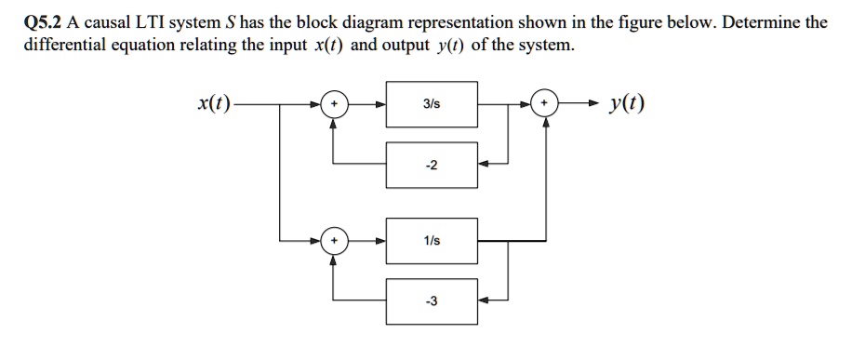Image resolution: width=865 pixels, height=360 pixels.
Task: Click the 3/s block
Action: click(432, 105)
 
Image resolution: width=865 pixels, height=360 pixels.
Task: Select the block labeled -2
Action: click(432, 164)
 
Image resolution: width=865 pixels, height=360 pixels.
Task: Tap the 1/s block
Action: click(432, 241)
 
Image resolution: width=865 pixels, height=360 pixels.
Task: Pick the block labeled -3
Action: click(432, 300)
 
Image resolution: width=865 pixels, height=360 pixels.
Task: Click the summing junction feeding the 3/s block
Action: click(333, 105)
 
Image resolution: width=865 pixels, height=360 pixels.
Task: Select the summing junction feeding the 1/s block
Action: click(333, 241)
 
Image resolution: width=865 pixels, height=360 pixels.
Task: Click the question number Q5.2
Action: click(38, 22)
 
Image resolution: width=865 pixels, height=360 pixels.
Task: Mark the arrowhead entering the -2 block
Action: click(484, 164)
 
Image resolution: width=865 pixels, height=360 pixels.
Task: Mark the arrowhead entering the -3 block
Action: click(484, 300)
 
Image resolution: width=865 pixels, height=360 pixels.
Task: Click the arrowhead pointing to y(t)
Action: click(588, 105)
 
